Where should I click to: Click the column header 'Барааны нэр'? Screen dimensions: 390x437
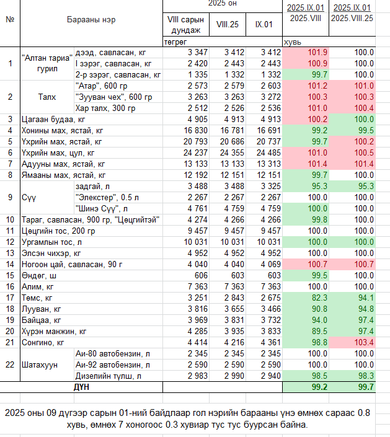click(91, 20)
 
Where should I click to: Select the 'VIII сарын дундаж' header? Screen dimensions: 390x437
click(185, 25)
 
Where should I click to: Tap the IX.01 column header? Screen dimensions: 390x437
click(264, 25)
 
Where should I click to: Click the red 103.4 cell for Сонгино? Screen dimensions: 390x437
click(364, 342)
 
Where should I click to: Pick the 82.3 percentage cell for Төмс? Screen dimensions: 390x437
click(319, 298)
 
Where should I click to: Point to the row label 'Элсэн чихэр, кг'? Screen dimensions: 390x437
click(51, 254)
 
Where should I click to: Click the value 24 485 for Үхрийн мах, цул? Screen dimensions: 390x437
click(268, 152)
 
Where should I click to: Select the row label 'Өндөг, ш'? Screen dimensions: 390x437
click(39, 276)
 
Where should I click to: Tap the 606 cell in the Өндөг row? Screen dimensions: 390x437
click(201, 275)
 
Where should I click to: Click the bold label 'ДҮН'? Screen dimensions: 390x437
click(81, 387)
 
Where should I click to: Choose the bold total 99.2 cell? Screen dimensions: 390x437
click(319, 387)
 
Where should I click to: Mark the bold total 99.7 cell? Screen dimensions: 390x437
click(366, 387)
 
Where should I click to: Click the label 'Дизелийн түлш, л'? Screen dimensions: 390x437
click(108, 376)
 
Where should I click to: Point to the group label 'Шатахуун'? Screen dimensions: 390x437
click(40, 365)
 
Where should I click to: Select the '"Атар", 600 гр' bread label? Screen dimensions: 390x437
click(101, 86)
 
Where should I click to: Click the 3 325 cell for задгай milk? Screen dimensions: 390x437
click(271, 186)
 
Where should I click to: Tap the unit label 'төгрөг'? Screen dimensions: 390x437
click(175, 42)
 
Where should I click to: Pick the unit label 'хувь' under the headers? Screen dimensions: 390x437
click(293, 42)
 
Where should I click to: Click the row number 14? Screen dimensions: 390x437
click(10, 264)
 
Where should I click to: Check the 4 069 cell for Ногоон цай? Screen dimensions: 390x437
click(271, 264)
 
